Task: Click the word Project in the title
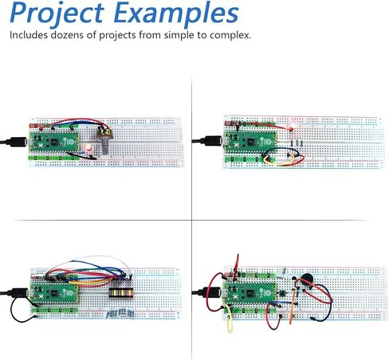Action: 57,14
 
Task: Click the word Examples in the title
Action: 176,14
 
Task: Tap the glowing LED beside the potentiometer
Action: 88,148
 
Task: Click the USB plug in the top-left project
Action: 18,142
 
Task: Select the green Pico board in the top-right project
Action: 250,142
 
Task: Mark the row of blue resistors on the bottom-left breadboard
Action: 120,314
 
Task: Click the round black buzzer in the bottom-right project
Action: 307,280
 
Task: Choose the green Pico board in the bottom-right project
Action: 250,292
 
